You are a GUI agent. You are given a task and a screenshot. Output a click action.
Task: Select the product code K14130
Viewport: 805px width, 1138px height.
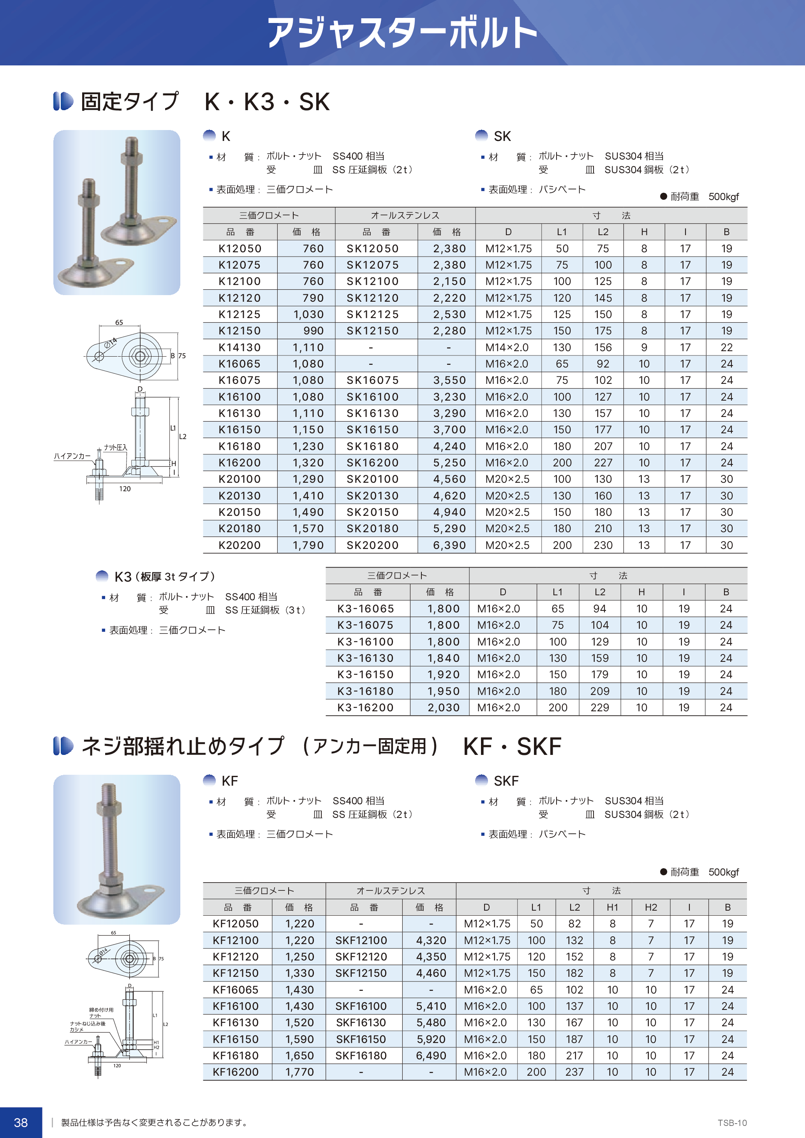tap(240, 347)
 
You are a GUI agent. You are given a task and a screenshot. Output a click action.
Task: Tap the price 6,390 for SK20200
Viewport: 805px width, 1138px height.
tap(449, 545)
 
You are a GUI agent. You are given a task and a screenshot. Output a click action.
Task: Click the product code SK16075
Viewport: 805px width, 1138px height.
tap(372, 380)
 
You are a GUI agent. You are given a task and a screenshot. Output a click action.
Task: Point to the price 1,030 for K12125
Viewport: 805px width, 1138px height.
tap(308, 314)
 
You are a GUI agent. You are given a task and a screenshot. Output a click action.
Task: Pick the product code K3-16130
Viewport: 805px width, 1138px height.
tap(365, 658)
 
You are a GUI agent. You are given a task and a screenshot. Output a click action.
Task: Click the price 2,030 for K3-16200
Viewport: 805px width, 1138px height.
tap(443, 708)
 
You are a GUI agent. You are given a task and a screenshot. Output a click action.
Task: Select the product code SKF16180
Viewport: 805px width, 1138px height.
tap(361, 1056)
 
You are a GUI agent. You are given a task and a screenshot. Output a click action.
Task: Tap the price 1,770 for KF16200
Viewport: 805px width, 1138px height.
tap(299, 1072)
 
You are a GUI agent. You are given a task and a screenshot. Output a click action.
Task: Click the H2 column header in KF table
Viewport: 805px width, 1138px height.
tap(650, 908)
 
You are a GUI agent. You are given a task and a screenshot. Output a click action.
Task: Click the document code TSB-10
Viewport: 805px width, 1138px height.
tap(732, 1123)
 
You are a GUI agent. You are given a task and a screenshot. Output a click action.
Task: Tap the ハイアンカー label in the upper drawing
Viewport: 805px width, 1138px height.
tap(72, 456)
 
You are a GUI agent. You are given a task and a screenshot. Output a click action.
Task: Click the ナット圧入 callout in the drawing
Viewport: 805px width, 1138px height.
tap(116, 447)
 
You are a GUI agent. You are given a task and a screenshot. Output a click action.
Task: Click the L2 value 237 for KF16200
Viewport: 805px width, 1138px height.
tap(574, 1072)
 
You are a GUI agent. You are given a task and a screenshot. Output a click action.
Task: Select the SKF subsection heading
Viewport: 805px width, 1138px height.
tap(506, 781)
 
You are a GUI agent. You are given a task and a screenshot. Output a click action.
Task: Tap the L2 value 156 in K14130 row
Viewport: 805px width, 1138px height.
tap(603, 347)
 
